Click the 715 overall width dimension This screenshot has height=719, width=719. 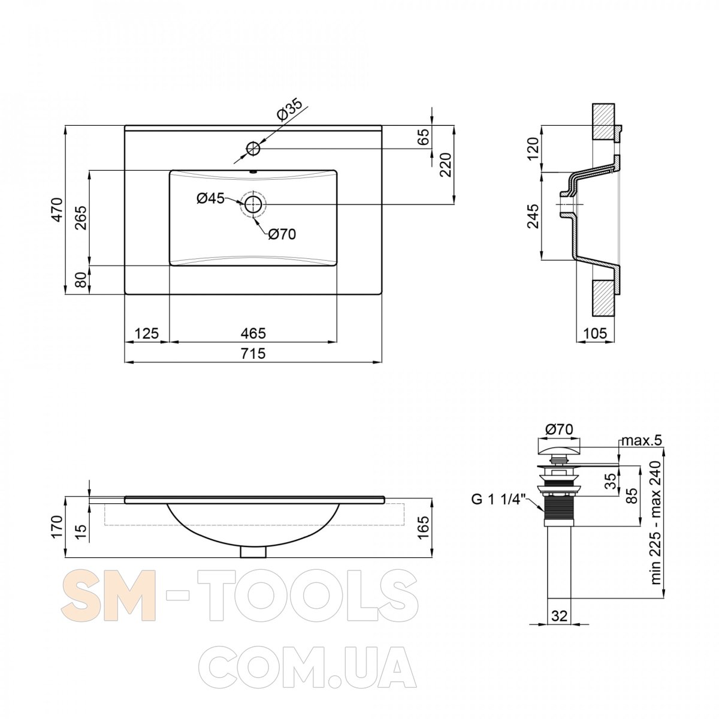click(253, 353)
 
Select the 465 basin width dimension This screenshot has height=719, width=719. click(253, 333)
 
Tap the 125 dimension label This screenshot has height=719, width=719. click(146, 333)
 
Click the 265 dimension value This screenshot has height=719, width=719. click(81, 217)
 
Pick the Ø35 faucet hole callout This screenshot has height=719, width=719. click(289, 110)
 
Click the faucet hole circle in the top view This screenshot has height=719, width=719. click(253, 149)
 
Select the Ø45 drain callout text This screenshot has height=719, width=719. click(210, 198)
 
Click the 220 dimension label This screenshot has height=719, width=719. click(447, 165)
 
